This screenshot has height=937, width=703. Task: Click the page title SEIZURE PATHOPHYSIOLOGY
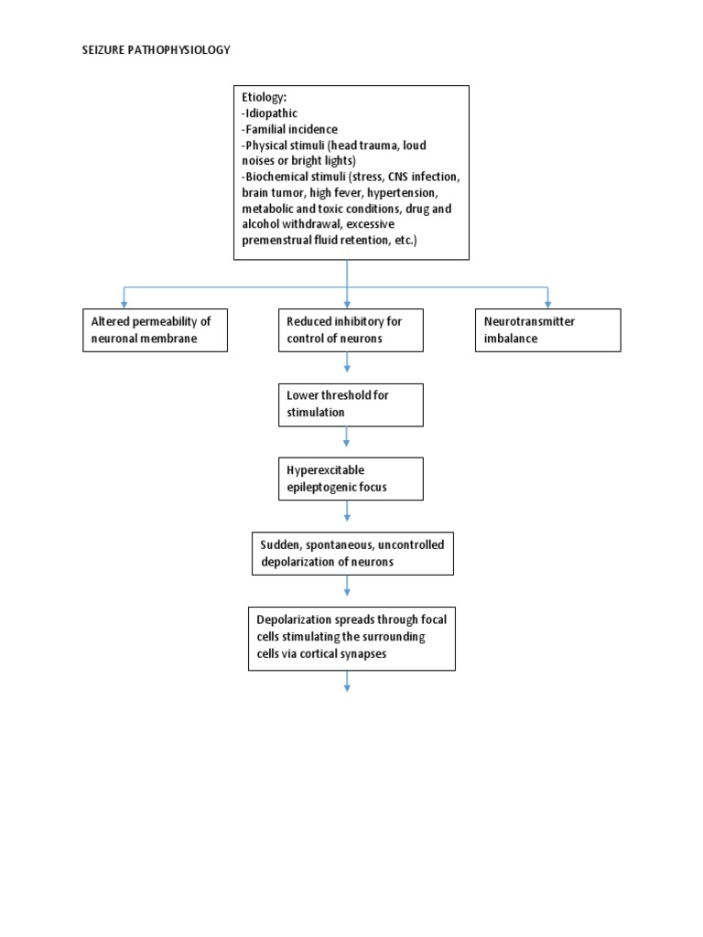point(157,50)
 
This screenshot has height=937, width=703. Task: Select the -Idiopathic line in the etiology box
point(270,113)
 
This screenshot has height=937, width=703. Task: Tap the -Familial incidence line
point(289,129)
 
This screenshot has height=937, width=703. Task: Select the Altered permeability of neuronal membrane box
point(155,330)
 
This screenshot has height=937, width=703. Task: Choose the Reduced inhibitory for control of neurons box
point(351,330)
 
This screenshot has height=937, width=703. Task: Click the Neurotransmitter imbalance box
point(547,330)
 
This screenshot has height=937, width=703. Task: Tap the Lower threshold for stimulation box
point(351,404)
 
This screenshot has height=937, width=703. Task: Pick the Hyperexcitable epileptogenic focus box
point(351,479)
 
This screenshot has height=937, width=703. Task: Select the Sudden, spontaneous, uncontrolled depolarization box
point(352,554)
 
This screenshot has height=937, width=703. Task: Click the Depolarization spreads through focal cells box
point(351,637)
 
